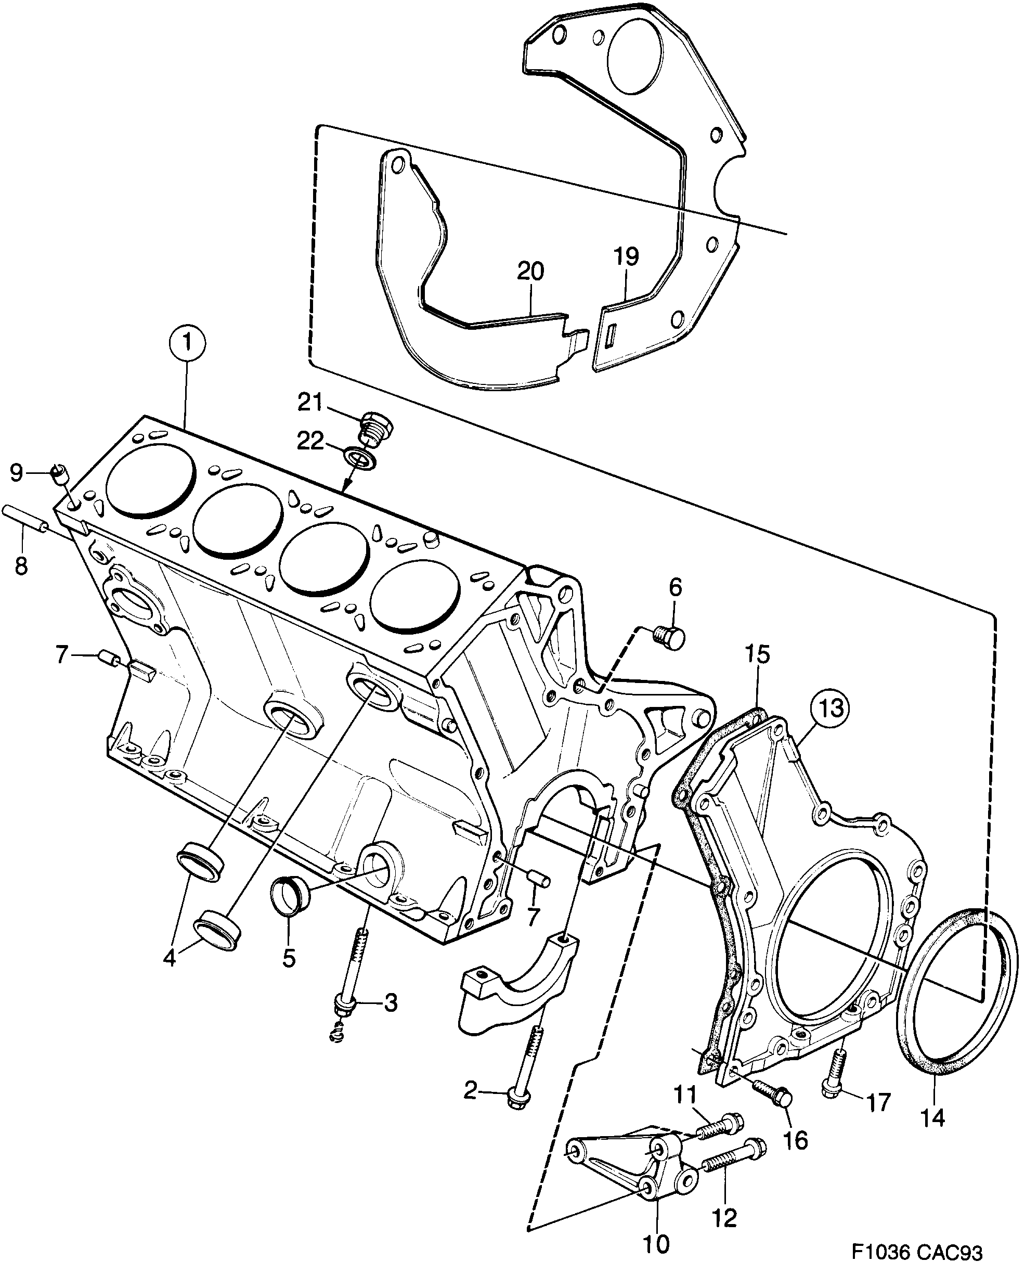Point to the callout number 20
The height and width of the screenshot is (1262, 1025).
tap(530, 272)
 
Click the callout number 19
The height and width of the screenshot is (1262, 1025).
tap(626, 256)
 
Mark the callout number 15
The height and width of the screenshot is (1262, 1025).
tap(757, 654)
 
